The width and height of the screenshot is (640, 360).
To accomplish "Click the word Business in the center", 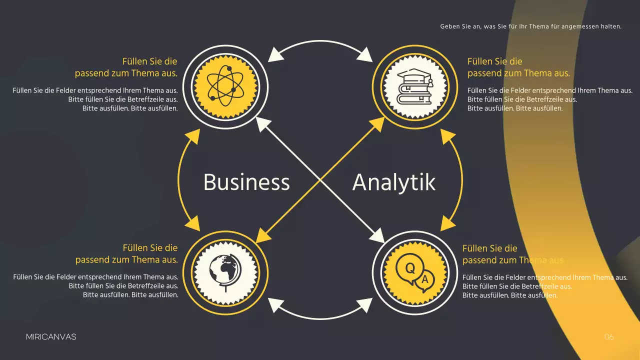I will [x=246, y=182].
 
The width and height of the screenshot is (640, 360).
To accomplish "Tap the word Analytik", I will [x=394, y=182].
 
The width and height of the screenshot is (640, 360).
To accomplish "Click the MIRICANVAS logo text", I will [x=51, y=337].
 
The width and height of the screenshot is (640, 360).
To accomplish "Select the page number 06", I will [x=608, y=337].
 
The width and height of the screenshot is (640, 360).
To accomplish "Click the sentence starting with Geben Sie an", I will [x=530, y=26].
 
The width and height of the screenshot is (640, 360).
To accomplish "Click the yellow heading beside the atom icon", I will [x=126, y=67].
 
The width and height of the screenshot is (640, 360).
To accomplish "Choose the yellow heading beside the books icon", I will [x=518, y=67].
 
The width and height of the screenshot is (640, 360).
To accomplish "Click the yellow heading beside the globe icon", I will [x=126, y=254].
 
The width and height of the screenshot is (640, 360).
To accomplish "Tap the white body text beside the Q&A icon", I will [x=544, y=286].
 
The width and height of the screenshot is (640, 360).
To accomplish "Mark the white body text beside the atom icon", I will [x=95, y=99].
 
